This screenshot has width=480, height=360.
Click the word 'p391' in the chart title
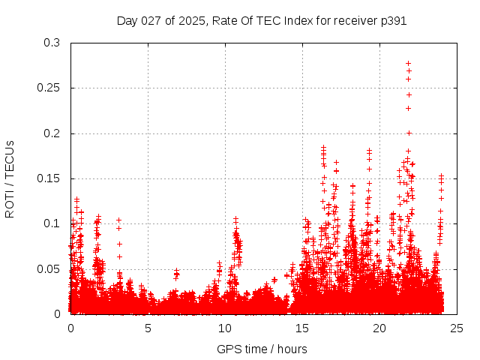click(394, 20)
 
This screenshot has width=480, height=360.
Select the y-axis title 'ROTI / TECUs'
click(10, 178)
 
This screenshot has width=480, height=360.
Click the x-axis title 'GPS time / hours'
click(262, 349)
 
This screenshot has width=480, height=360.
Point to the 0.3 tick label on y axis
click(52, 43)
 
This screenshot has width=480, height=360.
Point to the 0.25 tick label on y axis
click(49, 88)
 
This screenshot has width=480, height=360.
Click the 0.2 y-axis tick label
click(52, 133)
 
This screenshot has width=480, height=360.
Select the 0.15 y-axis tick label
click(49, 178)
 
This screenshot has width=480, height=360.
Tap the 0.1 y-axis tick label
click(52, 223)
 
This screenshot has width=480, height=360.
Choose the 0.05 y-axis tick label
click(49, 268)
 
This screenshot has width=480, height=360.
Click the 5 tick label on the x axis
click(148, 328)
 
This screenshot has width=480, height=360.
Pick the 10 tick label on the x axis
click(225, 328)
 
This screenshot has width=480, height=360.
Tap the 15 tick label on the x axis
click(302, 328)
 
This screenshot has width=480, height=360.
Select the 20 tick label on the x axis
click(379, 328)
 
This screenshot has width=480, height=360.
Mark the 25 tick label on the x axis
click(457, 328)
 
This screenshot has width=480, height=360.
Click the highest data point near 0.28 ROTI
click(408, 64)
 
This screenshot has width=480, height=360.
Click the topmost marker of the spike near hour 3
click(118, 220)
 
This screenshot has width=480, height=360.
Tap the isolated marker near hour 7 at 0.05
click(176, 271)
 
